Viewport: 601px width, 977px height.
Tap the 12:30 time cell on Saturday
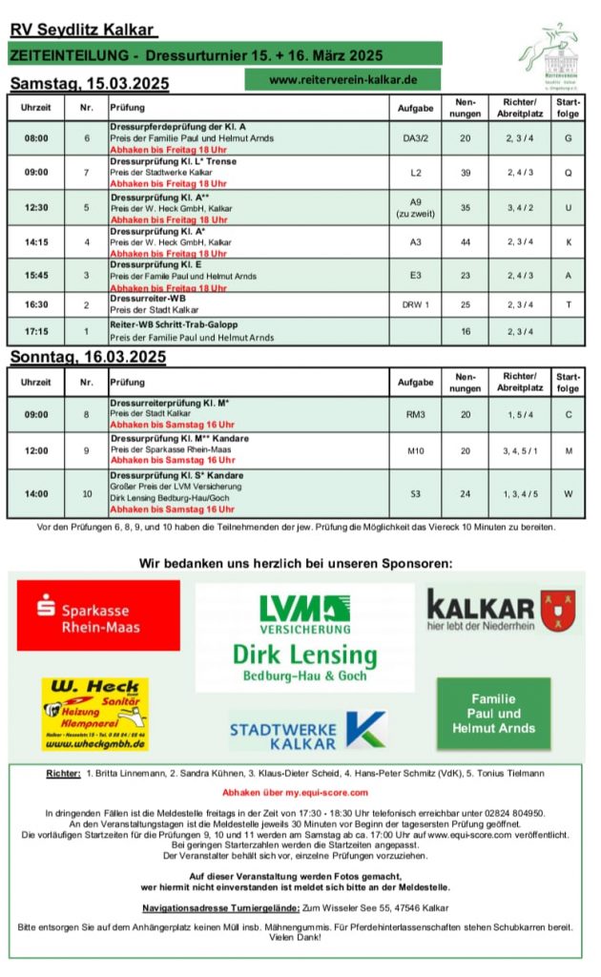36,207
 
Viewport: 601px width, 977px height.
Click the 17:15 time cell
36,331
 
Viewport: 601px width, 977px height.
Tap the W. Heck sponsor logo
94,713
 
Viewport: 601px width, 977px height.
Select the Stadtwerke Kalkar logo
306,731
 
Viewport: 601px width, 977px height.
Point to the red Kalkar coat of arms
557,612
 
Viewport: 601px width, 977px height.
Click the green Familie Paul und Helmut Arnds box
493,714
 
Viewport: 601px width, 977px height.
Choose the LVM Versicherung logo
303,613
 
